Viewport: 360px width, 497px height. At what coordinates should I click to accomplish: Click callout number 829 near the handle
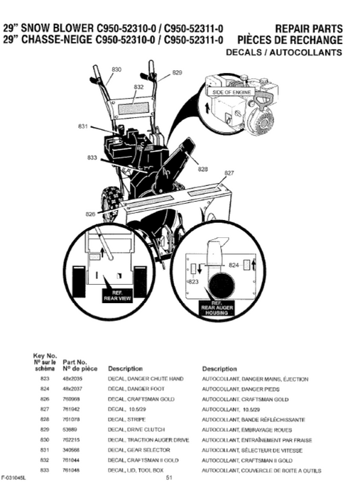177,72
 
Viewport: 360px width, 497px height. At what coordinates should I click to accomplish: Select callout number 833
92,157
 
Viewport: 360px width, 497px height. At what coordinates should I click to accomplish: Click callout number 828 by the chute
203,168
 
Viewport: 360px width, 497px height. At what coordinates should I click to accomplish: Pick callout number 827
229,173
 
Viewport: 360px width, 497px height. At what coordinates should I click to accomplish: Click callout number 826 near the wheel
90,213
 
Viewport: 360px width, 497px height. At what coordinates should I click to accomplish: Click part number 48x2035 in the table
73,380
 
